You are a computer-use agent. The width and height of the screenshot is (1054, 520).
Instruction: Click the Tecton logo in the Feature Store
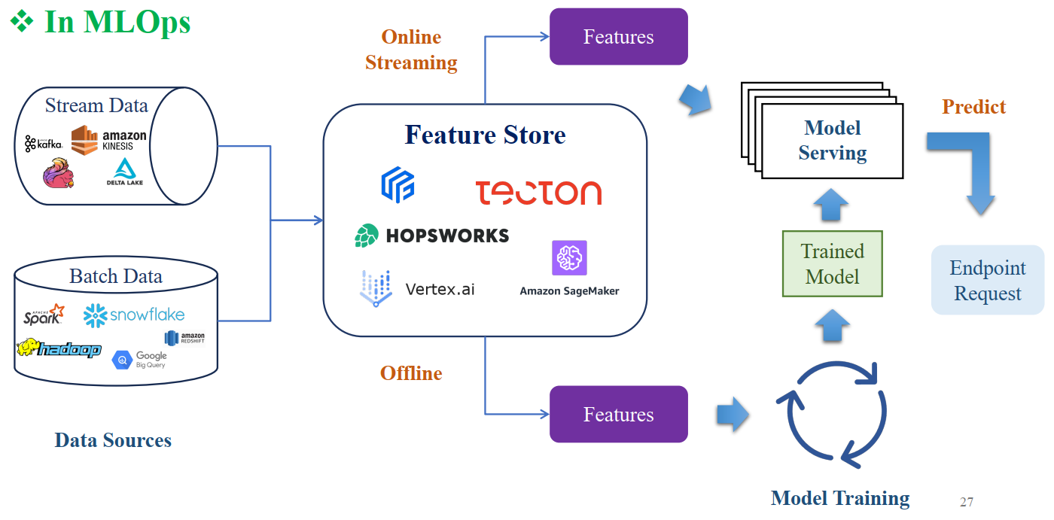coord(538,193)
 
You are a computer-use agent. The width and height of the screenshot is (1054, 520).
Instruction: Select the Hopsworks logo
coord(432,236)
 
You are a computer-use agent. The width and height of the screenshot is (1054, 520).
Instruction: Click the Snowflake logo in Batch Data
coord(134,315)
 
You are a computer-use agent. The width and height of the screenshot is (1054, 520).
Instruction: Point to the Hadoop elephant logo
coord(59,349)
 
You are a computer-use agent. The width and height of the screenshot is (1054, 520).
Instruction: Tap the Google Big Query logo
coord(140,360)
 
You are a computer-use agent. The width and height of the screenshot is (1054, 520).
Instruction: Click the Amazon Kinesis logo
coord(109,140)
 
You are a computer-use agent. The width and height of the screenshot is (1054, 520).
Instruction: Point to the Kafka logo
coord(43,143)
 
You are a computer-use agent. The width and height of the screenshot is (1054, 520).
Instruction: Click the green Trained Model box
coord(832,263)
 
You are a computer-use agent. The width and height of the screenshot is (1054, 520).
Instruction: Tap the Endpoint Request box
coord(988,280)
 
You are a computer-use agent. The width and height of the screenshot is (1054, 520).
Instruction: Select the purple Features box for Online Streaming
coord(618,37)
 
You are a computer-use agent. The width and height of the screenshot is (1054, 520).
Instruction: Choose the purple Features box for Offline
coord(618,415)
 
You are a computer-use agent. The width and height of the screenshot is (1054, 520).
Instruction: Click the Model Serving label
coord(832,141)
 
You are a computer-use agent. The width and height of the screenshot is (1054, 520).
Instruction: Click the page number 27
coord(967,502)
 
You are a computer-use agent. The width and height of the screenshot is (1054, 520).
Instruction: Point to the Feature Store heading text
coord(485,135)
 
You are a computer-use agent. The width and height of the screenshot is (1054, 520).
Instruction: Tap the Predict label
coord(973,107)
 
